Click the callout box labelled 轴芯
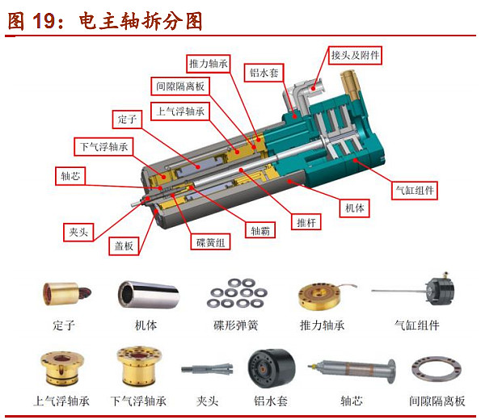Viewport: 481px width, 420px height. click(x=70, y=174)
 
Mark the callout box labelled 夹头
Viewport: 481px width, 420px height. click(x=78, y=232)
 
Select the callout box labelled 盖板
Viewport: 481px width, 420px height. click(x=124, y=246)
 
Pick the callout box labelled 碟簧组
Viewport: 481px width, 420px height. click(x=212, y=241)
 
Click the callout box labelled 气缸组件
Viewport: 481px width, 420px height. click(x=415, y=191)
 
